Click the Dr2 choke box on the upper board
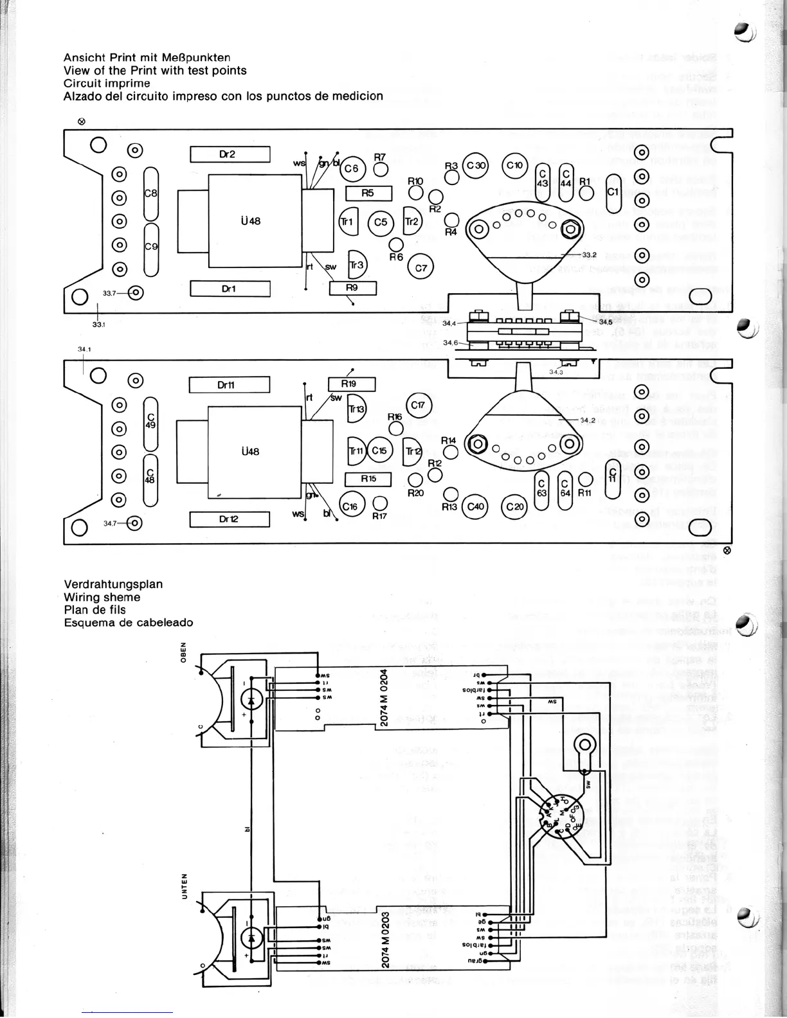tap(230, 154)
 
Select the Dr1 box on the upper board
tap(230, 289)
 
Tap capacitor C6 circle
tap(352, 169)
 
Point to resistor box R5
tap(368, 193)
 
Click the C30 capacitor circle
tap(476, 165)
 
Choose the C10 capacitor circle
tap(515, 165)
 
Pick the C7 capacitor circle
tap(421, 268)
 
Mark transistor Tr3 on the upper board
tap(356, 265)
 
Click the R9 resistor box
tap(352, 288)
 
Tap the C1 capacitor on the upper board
tap(613, 192)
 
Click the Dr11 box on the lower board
tap(229, 385)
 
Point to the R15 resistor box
tap(368, 479)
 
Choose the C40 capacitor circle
tap(476, 506)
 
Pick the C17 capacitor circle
tap(419, 405)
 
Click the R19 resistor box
tap(351, 384)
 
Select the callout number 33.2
tap(589, 255)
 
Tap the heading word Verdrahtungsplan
tap(113, 584)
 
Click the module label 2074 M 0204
tap(383, 697)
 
